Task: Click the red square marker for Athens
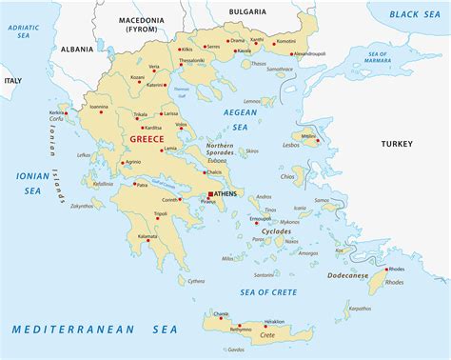(211, 194)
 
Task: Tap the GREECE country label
(142, 139)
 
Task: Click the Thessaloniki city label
(192, 60)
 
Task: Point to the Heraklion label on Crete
(274, 322)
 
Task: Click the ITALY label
(12, 81)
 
